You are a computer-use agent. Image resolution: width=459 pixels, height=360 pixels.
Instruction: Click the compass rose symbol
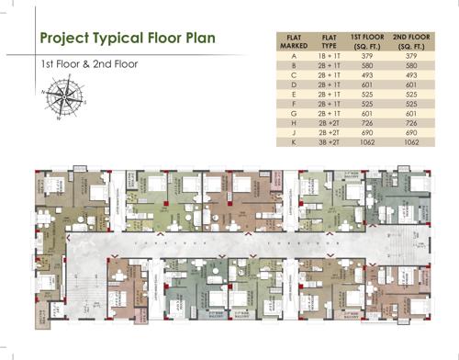[61, 98]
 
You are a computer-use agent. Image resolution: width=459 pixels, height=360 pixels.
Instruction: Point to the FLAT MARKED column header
[293, 40]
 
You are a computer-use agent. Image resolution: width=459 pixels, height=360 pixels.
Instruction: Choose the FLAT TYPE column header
[330, 40]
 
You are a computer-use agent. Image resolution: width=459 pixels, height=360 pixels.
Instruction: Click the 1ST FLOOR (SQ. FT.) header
[369, 40]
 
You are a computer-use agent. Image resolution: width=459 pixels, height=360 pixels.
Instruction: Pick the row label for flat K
[293, 144]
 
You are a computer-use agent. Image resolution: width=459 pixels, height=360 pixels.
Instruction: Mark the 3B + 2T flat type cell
[330, 144]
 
